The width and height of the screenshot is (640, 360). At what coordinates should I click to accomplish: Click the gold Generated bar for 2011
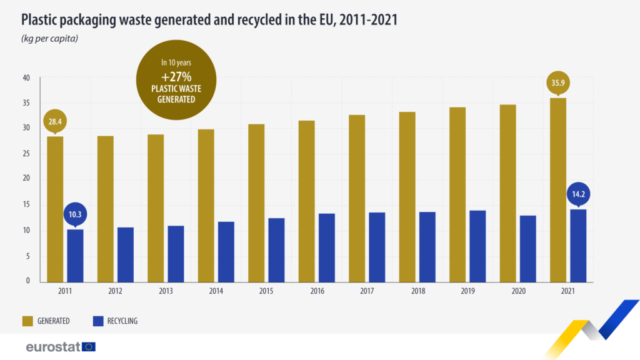coord(55,209)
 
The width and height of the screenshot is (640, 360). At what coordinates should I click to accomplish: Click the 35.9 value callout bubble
coord(558,83)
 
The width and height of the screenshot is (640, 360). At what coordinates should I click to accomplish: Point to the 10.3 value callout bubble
coord(75,214)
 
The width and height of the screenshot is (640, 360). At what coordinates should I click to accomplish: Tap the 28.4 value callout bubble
coord(55,122)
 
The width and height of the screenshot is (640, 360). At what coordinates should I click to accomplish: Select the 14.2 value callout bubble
coord(578,194)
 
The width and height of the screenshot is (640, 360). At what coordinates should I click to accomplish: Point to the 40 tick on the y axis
coord(26,78)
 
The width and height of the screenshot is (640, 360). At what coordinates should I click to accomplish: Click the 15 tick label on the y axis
coord(26,205)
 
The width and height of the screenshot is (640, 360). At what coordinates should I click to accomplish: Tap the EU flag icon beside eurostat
coord(89,346)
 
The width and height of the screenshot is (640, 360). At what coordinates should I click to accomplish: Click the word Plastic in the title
coord(42,21)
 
